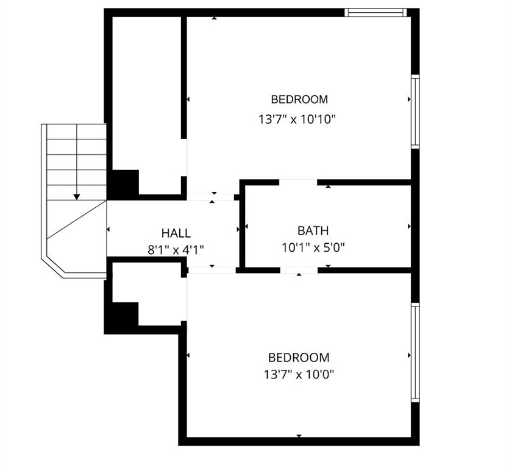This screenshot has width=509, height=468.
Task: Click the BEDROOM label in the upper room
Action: [x=299, y=99]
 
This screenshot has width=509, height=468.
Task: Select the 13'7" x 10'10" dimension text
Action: [x=297, y=119]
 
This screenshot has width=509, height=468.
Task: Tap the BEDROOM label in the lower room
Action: [x=299, y=358]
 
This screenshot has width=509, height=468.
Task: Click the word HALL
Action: [x=176, y=233]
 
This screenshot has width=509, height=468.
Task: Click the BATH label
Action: [x=313, y=230]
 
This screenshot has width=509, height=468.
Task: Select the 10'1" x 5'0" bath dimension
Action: [x=313, y=247]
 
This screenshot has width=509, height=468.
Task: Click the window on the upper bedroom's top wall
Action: [x=375, y=12]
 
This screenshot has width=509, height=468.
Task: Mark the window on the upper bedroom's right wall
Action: [x=415, y=112]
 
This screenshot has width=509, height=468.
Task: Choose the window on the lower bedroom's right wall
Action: [x=415, y=352]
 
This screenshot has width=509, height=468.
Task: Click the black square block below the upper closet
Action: [x=124, y=183]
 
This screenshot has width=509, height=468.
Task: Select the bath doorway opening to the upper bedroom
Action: [x=298, y=182]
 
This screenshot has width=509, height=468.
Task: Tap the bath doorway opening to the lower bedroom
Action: [x=299, y=269]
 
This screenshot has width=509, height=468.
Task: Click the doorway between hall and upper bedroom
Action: [x=211, y=197]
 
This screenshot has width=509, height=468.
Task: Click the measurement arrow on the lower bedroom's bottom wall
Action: [x=299, y=436]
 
